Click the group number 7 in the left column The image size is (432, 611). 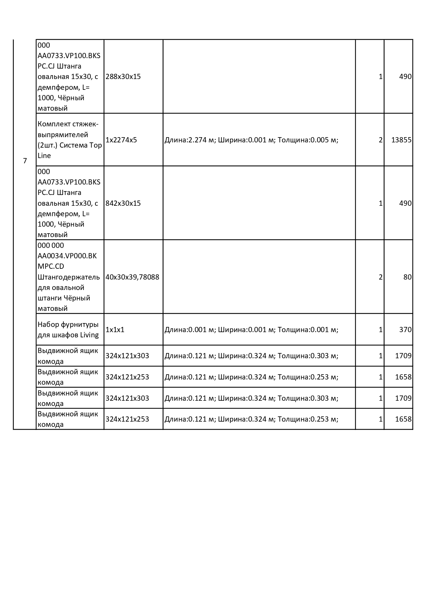[25, 161]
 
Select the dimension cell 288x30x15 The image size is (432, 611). [123, 77]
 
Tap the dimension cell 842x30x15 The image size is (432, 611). [123, 203]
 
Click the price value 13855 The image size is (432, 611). [401, 140]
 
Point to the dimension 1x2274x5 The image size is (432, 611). [121, 140]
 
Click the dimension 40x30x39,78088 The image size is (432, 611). [132, 277]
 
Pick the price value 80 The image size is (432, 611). [407, 277]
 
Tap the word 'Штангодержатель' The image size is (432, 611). [69, 277]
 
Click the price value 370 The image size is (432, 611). [405, 329]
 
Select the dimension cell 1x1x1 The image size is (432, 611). [115, 329]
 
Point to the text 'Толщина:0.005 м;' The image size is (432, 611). [308, 140]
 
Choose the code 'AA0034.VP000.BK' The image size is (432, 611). [67, 256]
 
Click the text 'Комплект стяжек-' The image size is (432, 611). [68, 124]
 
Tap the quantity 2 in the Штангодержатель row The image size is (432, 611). [380, 277]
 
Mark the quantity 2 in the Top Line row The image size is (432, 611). [380, 140]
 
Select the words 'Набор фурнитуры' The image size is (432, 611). [68, 324]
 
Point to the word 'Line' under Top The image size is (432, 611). [44, 156]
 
